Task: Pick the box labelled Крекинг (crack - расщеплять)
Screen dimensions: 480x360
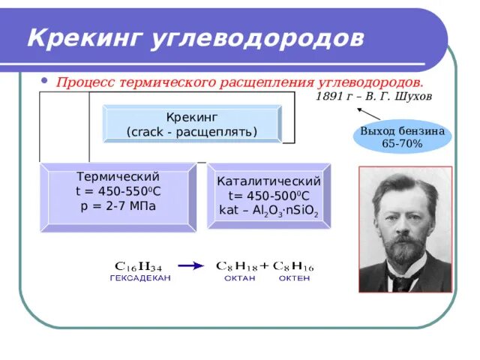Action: click(x=192, y=124)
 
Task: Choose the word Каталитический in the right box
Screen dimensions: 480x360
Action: click(x=268, y=181)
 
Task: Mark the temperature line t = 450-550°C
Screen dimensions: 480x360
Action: click(x=118, y=190)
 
